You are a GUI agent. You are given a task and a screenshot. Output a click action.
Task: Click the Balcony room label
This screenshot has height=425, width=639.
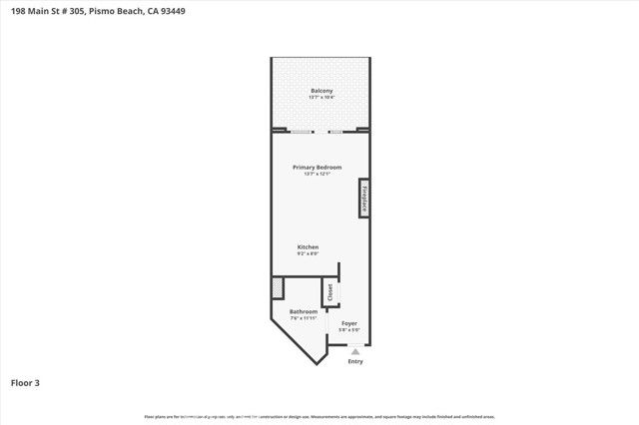coord(320,91)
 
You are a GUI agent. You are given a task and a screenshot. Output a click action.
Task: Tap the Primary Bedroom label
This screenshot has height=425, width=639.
coord(317,167)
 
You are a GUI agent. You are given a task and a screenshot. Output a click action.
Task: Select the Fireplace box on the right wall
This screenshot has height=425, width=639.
coord(364,197)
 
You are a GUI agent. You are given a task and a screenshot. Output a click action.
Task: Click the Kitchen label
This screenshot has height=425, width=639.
coord(308,246)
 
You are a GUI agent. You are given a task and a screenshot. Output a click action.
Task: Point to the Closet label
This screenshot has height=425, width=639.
coord(329,293)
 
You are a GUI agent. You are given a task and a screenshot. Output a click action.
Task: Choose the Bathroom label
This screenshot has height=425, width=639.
coord(303,311)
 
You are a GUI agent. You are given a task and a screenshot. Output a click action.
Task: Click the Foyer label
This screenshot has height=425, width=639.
coord(348,323)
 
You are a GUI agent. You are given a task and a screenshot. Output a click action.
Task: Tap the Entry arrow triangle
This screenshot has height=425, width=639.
coord(355,350)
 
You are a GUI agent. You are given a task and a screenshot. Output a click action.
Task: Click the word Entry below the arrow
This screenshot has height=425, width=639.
coord(355,361)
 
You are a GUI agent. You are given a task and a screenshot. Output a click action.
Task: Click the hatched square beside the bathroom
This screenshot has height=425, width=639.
coord(277,287)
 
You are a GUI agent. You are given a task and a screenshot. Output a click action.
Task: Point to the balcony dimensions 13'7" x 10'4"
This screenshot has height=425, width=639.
coord(320,98)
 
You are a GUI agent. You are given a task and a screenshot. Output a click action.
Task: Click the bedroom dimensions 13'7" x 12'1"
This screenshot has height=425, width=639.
coord(317,174)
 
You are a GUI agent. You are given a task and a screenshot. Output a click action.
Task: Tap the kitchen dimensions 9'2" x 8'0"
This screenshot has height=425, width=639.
coord(308,253)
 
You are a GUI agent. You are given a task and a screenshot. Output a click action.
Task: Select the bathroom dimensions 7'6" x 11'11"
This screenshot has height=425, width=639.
coord(303,318)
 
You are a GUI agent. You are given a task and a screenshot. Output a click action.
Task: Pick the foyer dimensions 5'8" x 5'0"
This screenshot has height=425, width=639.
coord(348,330)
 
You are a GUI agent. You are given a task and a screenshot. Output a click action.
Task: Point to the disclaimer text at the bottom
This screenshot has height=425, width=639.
coord(319,416)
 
